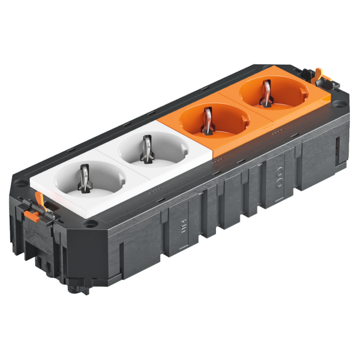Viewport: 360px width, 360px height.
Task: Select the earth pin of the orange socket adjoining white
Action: (207, 118)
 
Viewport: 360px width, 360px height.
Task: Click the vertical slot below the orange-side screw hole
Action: (337, 147)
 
